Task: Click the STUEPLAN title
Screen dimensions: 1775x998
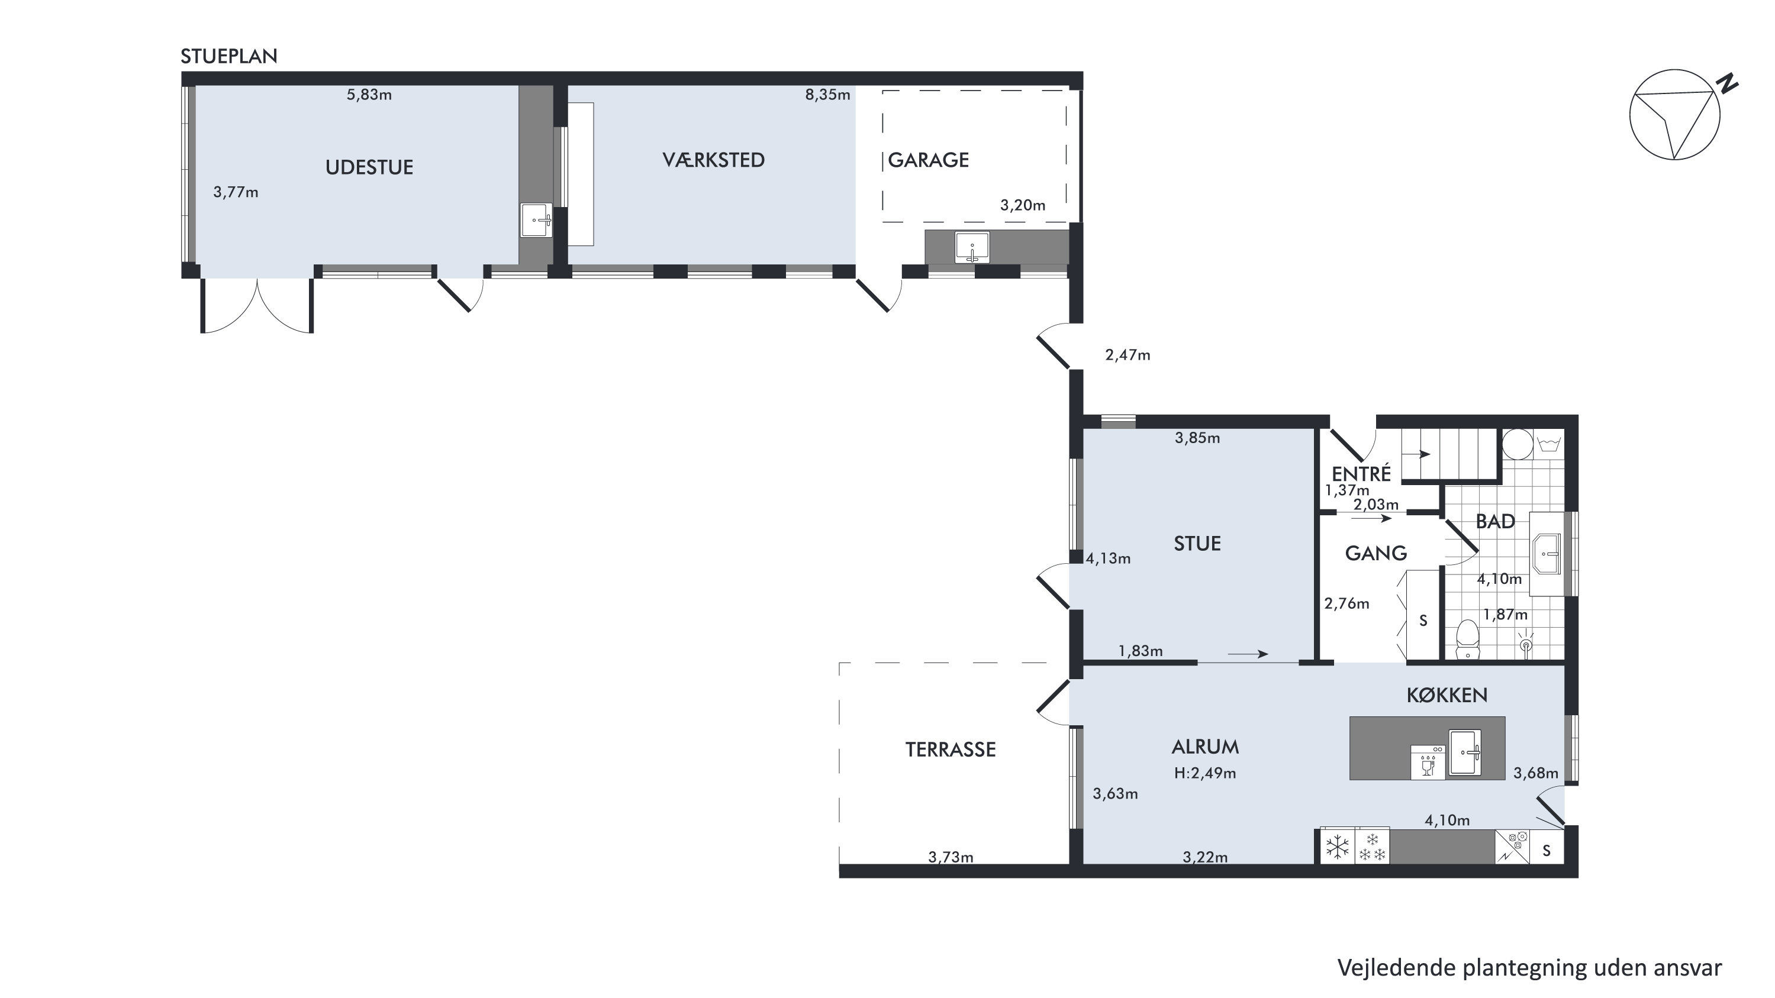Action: pyautogui.click(x=229, y=56)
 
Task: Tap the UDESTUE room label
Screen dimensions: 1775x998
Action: pyautogui.click(x=369, y=167)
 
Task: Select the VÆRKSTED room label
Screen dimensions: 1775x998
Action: pyautogui.click(x=713, y=160)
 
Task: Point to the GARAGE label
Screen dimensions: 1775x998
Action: pyautogui.click(x=928, y=160)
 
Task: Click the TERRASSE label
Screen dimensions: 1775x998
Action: pyautogui.click(x=950, y=750)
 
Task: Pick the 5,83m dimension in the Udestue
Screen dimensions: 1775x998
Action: pyautogui.click(x=369, y=95)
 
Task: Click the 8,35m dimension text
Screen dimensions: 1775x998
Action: pyautogui.click(x=827, y=95)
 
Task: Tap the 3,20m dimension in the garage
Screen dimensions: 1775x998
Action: pyautogui.click(x=1023, y=205)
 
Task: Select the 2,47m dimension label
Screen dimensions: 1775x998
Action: pyautogui.click(x=1128, y=356)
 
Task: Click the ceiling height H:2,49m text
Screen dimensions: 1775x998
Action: pyautogui.click(x=1205, y=773)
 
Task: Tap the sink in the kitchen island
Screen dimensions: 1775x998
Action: pyautogui.click(x=1465, y=753)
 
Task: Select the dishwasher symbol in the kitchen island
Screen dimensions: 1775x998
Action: pyautogui.click(x=1428, y=762)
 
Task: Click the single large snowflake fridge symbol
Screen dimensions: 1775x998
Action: pyautogui.click(x=1338, y=847)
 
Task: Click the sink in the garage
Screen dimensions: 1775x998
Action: pyautogui.click(x=972, y=247)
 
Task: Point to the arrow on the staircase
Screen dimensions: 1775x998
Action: pyautogui.click(x=1417, y=454)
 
